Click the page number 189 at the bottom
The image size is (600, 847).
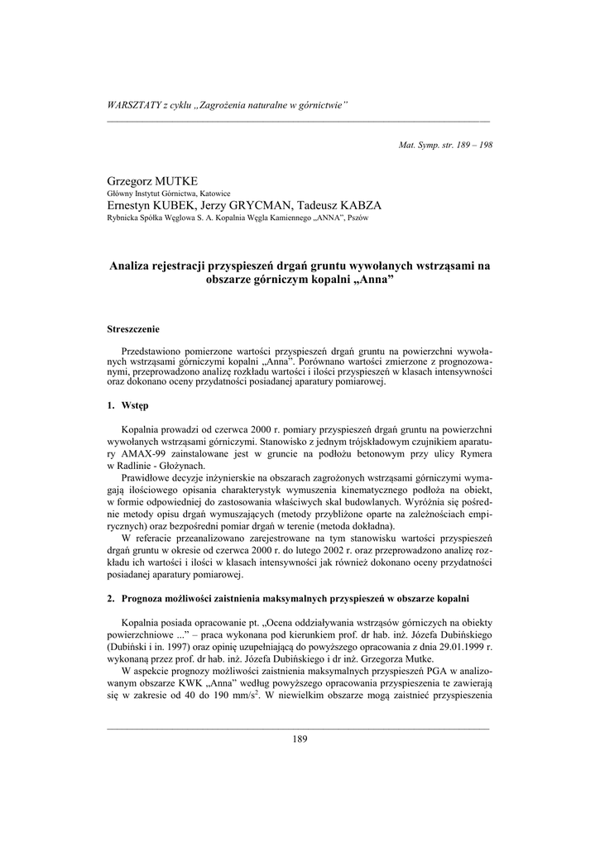click(x=300, y=739)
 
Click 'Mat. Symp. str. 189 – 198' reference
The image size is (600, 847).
click(x=445, y=144)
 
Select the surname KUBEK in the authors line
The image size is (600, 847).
click(x=188, y=205)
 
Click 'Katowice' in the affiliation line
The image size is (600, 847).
click(x=210, y=194)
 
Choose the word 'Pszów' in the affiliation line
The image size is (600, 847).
click(x=358, y=218)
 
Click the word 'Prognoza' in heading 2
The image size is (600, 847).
click(x=151, y=596)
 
